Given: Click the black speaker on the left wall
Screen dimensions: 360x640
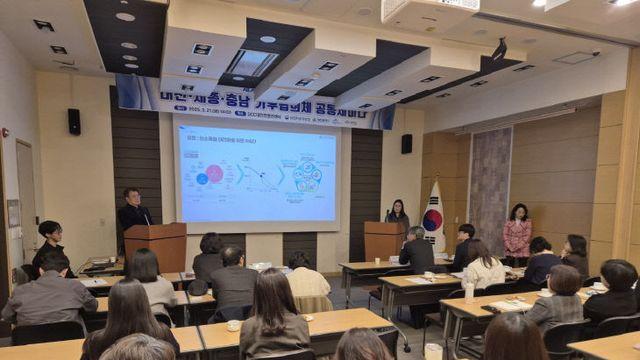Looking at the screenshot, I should (x=74, y=121).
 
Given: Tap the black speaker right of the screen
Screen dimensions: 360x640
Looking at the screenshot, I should (x=406, y=143).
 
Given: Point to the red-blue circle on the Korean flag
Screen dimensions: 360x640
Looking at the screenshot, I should (x=432, y=220).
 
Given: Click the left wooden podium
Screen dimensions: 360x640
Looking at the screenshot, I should (x=156, y=246).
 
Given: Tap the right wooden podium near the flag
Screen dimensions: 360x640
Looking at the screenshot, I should (x=383, y=240).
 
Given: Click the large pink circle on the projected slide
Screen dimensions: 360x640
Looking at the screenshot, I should (x=214, y=174).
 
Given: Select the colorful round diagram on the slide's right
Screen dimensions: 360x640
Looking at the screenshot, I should (x=306, y=177).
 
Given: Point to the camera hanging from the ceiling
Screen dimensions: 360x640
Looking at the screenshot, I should (x=499, y=49).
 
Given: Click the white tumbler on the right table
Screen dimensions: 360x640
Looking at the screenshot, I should (x=468, y=292).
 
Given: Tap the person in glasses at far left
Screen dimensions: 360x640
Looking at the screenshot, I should (x=49, y=245).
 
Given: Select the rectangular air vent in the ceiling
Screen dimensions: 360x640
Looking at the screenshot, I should (x=252, y=63).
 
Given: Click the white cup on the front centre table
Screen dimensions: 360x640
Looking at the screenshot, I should (x=233, y=325).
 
